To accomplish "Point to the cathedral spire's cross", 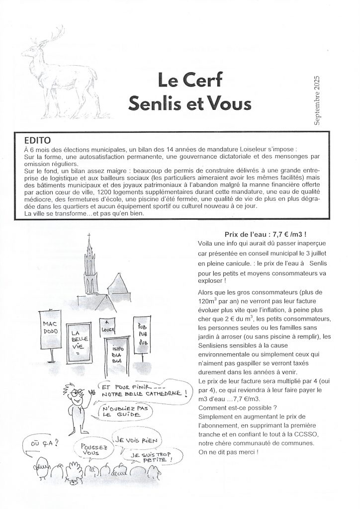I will (x=90, y=236).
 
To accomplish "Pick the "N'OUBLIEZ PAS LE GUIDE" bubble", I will (x=118, y=411).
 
